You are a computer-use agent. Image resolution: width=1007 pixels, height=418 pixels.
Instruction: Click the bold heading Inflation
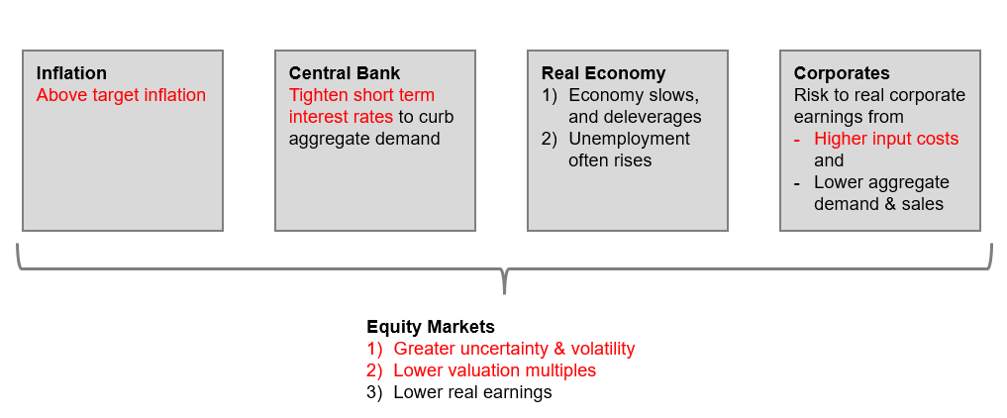click(x=71, y=73)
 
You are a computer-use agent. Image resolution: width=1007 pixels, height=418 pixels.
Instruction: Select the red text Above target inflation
click(x=121, y=95)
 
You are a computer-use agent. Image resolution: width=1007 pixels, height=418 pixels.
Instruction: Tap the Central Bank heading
click(x=345, y=73)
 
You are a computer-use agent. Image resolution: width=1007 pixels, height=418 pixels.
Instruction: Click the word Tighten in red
click(x=319, y=96)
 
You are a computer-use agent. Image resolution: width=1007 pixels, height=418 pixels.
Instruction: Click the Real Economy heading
click(x=603, y=73)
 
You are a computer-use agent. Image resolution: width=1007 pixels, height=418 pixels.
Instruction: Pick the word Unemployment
click(x=629, y=138)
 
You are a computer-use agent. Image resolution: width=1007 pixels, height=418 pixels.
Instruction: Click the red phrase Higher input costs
click(x=886, y=138)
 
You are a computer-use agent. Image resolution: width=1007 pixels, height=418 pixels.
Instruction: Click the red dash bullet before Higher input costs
click(x=797, y=140)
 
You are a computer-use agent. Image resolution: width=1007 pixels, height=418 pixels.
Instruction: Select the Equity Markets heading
click(x=431, y=327)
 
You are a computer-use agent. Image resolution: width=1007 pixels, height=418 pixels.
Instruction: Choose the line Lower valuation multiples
click(x=494, y=370)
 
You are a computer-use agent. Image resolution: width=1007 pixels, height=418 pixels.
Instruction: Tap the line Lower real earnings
click(x=472, y=391)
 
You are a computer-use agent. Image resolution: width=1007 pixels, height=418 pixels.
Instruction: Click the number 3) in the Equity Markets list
click(x=374, y=392)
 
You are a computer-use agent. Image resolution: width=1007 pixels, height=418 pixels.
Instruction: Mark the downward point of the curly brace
click(x=504, y=293)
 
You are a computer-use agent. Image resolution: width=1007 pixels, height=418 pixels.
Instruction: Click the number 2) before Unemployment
click(x=550, y=139)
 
